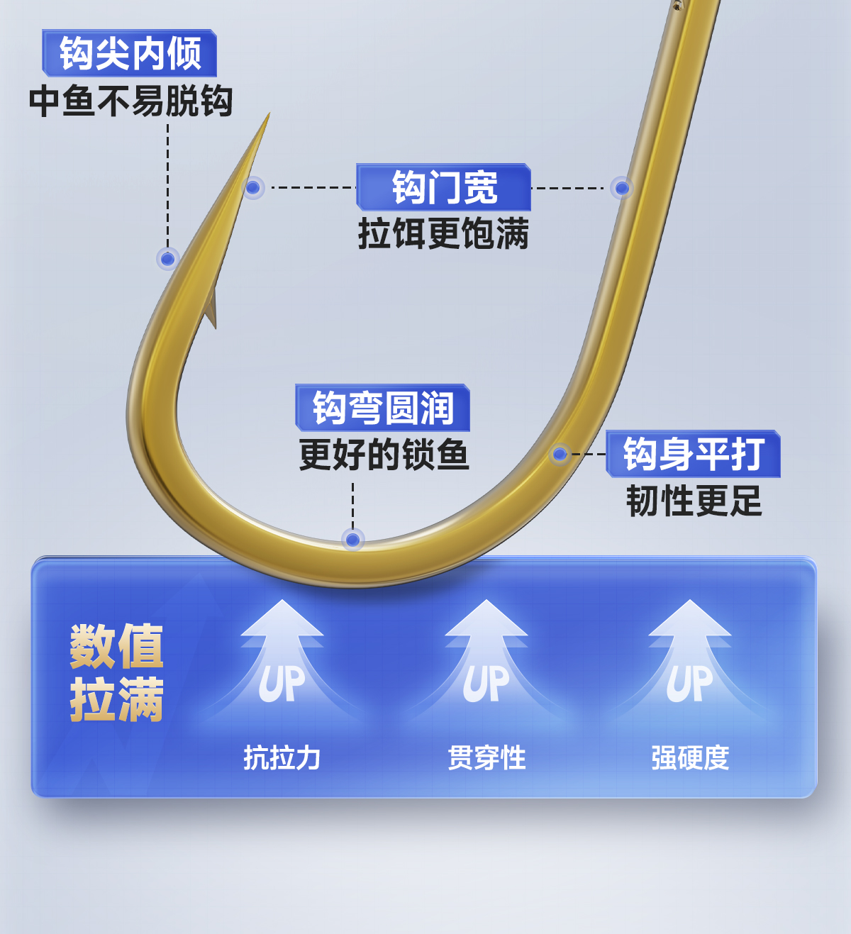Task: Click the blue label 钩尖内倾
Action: [x=130, y=53]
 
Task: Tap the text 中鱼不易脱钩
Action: [x=131, y=101]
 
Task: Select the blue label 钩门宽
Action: [x=444, y=187]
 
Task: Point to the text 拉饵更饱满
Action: [x=443, y=233]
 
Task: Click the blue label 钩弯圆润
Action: [x=383, y=408]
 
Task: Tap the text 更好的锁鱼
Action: [x=384, y=455]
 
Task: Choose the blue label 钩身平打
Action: [x=694, y=454]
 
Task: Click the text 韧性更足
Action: [x=694, y=501]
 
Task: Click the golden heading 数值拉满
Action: [x=117, y=673]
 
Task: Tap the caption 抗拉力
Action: [x=282, y=758]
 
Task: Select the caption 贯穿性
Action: [x=486, y=758]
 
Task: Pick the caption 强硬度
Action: [x=690, y=758]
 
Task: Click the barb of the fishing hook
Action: [x=211, y=308]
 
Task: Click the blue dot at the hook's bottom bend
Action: [x=352, y=540]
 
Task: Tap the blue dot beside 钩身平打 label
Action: [x=560, y=454]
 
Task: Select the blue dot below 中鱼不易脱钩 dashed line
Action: [x=168, y=259]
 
